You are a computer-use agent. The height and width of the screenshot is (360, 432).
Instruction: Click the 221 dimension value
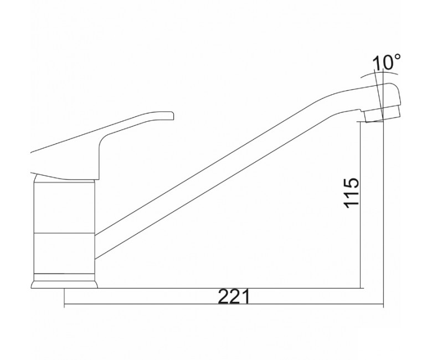click(x=234, y=296)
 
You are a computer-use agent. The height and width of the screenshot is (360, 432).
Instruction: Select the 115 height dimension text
click(x=351, y=193)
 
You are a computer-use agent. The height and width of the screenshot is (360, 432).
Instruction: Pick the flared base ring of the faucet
click(x=64, y=281)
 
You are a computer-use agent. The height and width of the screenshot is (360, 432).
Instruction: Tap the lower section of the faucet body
click(x=64, y=254)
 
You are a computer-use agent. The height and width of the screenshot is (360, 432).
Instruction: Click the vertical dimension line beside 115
click(x=360, y=205)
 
